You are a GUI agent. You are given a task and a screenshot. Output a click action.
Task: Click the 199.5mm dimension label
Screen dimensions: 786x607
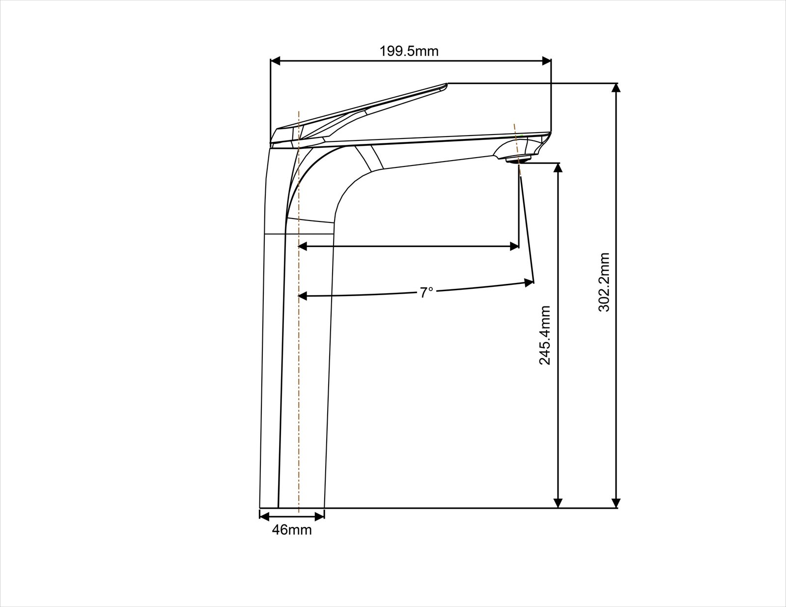pyautogui.click(x=409, y=52)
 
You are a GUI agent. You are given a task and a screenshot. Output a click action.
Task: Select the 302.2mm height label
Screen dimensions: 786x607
pyautogui.click(x=604, y=282)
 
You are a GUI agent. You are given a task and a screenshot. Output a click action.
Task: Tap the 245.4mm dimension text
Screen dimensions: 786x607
pyautogui.click(x=545, y=335)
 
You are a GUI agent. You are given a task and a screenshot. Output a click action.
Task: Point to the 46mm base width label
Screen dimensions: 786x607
pyautogui.click(x=291, y=530)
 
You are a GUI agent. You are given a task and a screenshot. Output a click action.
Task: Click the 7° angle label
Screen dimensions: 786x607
pyautogui.click(x=426, y=292)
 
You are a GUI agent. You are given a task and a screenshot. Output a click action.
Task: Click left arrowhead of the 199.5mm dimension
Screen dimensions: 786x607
pyautogui.click(x=276, y=61)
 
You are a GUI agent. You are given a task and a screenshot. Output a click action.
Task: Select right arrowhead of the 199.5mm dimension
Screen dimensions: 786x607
pyautogui.click(x=546, y=61)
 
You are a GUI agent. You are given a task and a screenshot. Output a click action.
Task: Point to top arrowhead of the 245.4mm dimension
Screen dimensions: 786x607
pyautogui.click(x=559, y=168)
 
